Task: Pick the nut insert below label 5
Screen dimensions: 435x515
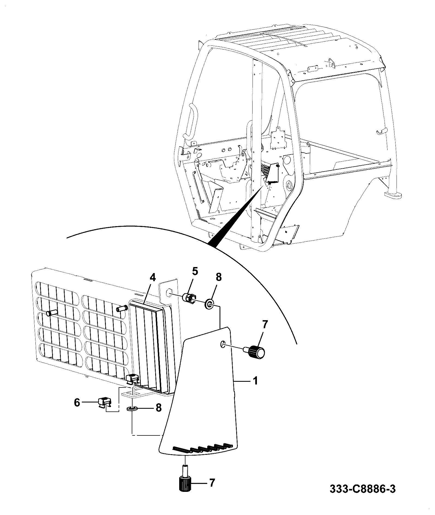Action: coord(189,298)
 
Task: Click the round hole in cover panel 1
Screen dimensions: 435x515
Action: coord(223,344)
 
